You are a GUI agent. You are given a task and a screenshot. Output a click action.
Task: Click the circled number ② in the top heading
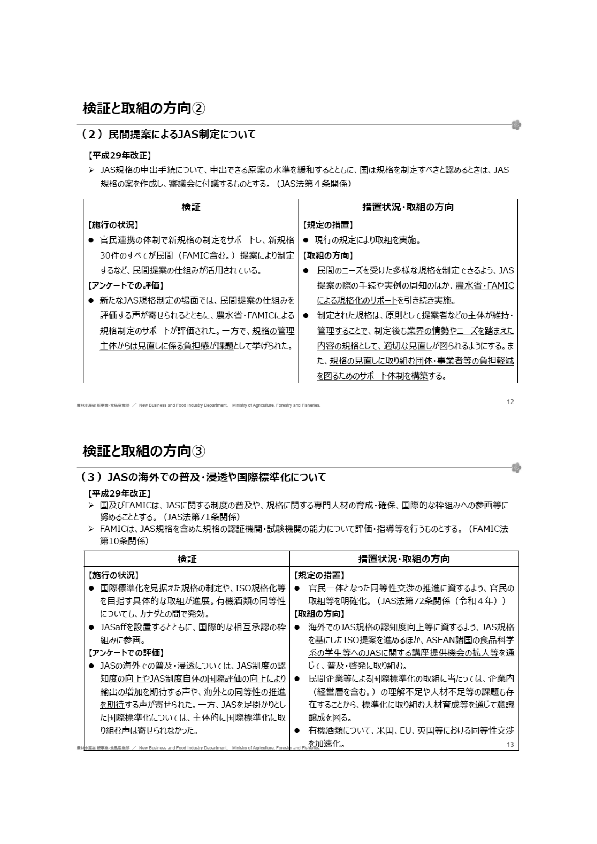point(199,108)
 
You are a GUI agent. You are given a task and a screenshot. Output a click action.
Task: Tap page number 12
point(510,402)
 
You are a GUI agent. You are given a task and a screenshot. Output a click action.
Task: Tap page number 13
point(510,744)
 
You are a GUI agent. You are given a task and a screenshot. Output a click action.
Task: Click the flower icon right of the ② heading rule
point(516,125)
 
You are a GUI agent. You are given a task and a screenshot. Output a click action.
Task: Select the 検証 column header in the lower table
point(187,559)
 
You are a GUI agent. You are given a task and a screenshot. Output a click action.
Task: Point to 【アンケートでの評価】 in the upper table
point(125,285)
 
